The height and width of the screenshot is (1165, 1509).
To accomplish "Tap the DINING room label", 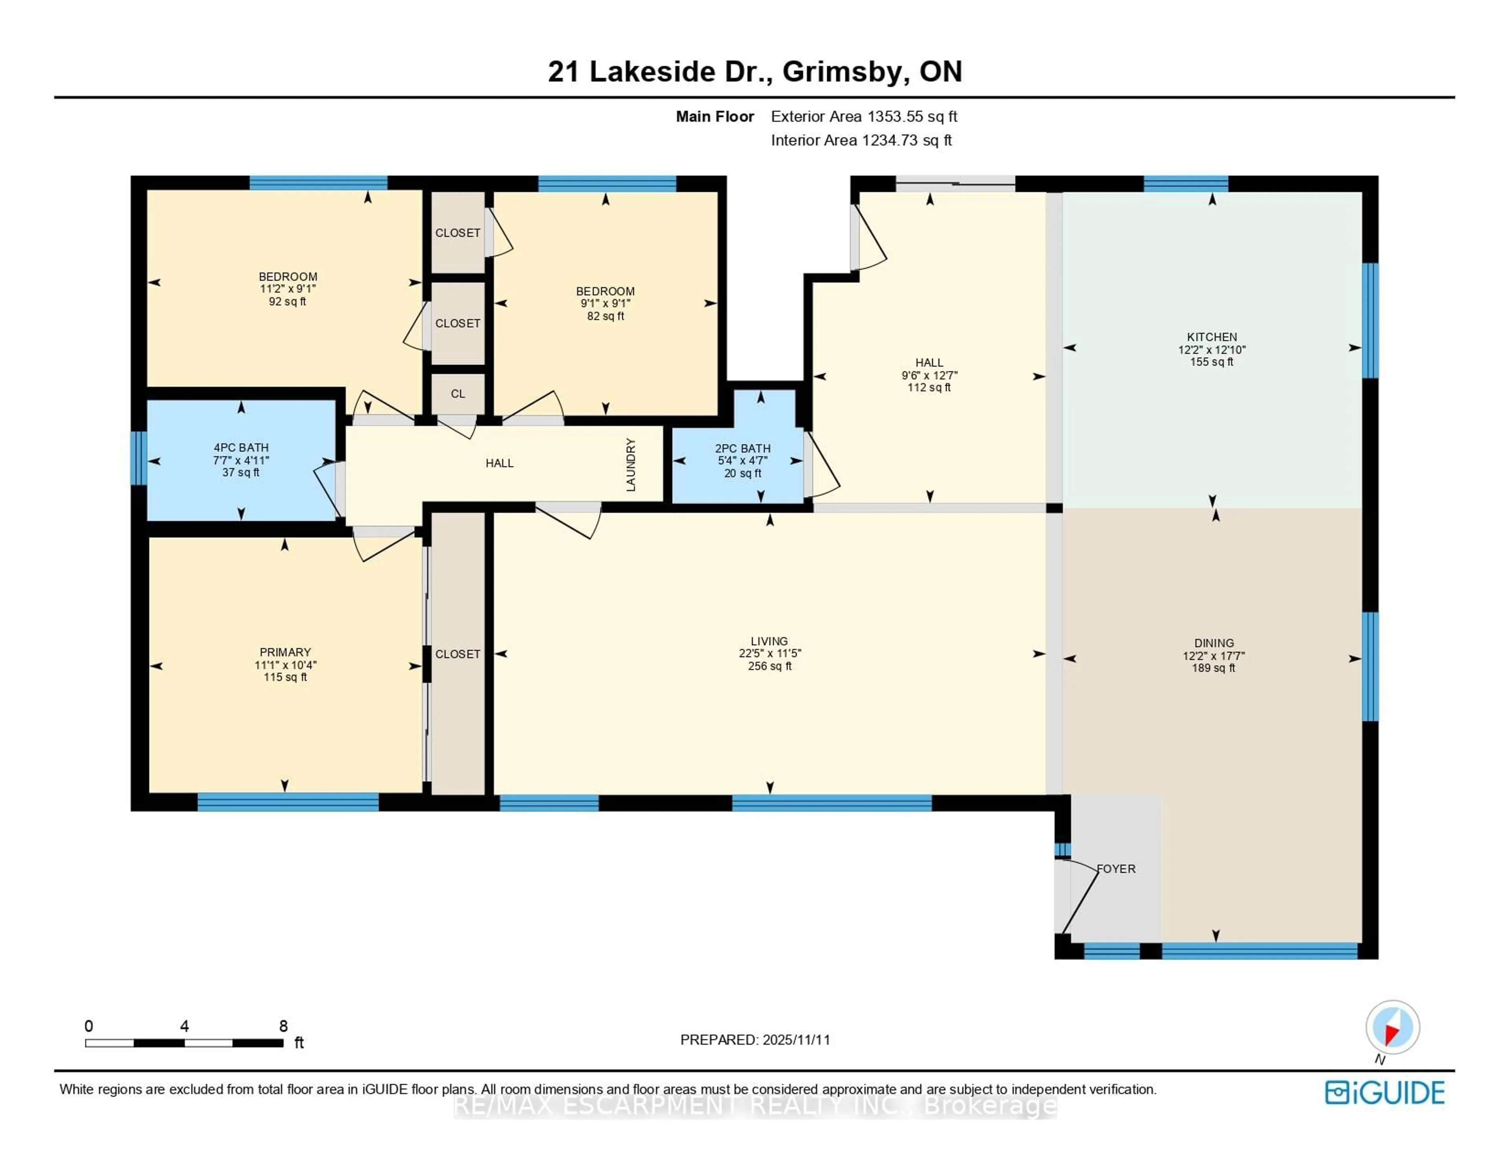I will [x=1213, y=643].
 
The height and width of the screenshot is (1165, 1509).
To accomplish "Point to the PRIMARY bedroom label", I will [x=285, y=652].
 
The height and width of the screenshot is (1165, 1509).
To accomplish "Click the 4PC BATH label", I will [x=241, y=448].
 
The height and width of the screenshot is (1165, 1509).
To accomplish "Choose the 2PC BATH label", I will [x=743, y=448].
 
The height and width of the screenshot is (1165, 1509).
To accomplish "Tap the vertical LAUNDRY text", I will [x=630, y=464].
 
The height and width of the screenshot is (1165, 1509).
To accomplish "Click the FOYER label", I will [x=1116, y=869].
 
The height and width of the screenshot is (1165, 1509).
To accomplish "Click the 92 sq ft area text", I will [x=287, y=302].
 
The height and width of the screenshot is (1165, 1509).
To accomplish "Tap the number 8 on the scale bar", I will [x=283, y=1026].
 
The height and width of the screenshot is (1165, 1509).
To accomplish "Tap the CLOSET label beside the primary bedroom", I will [x=457, y=654].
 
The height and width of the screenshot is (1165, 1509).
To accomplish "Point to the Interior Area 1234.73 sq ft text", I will [x=861, y=140].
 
